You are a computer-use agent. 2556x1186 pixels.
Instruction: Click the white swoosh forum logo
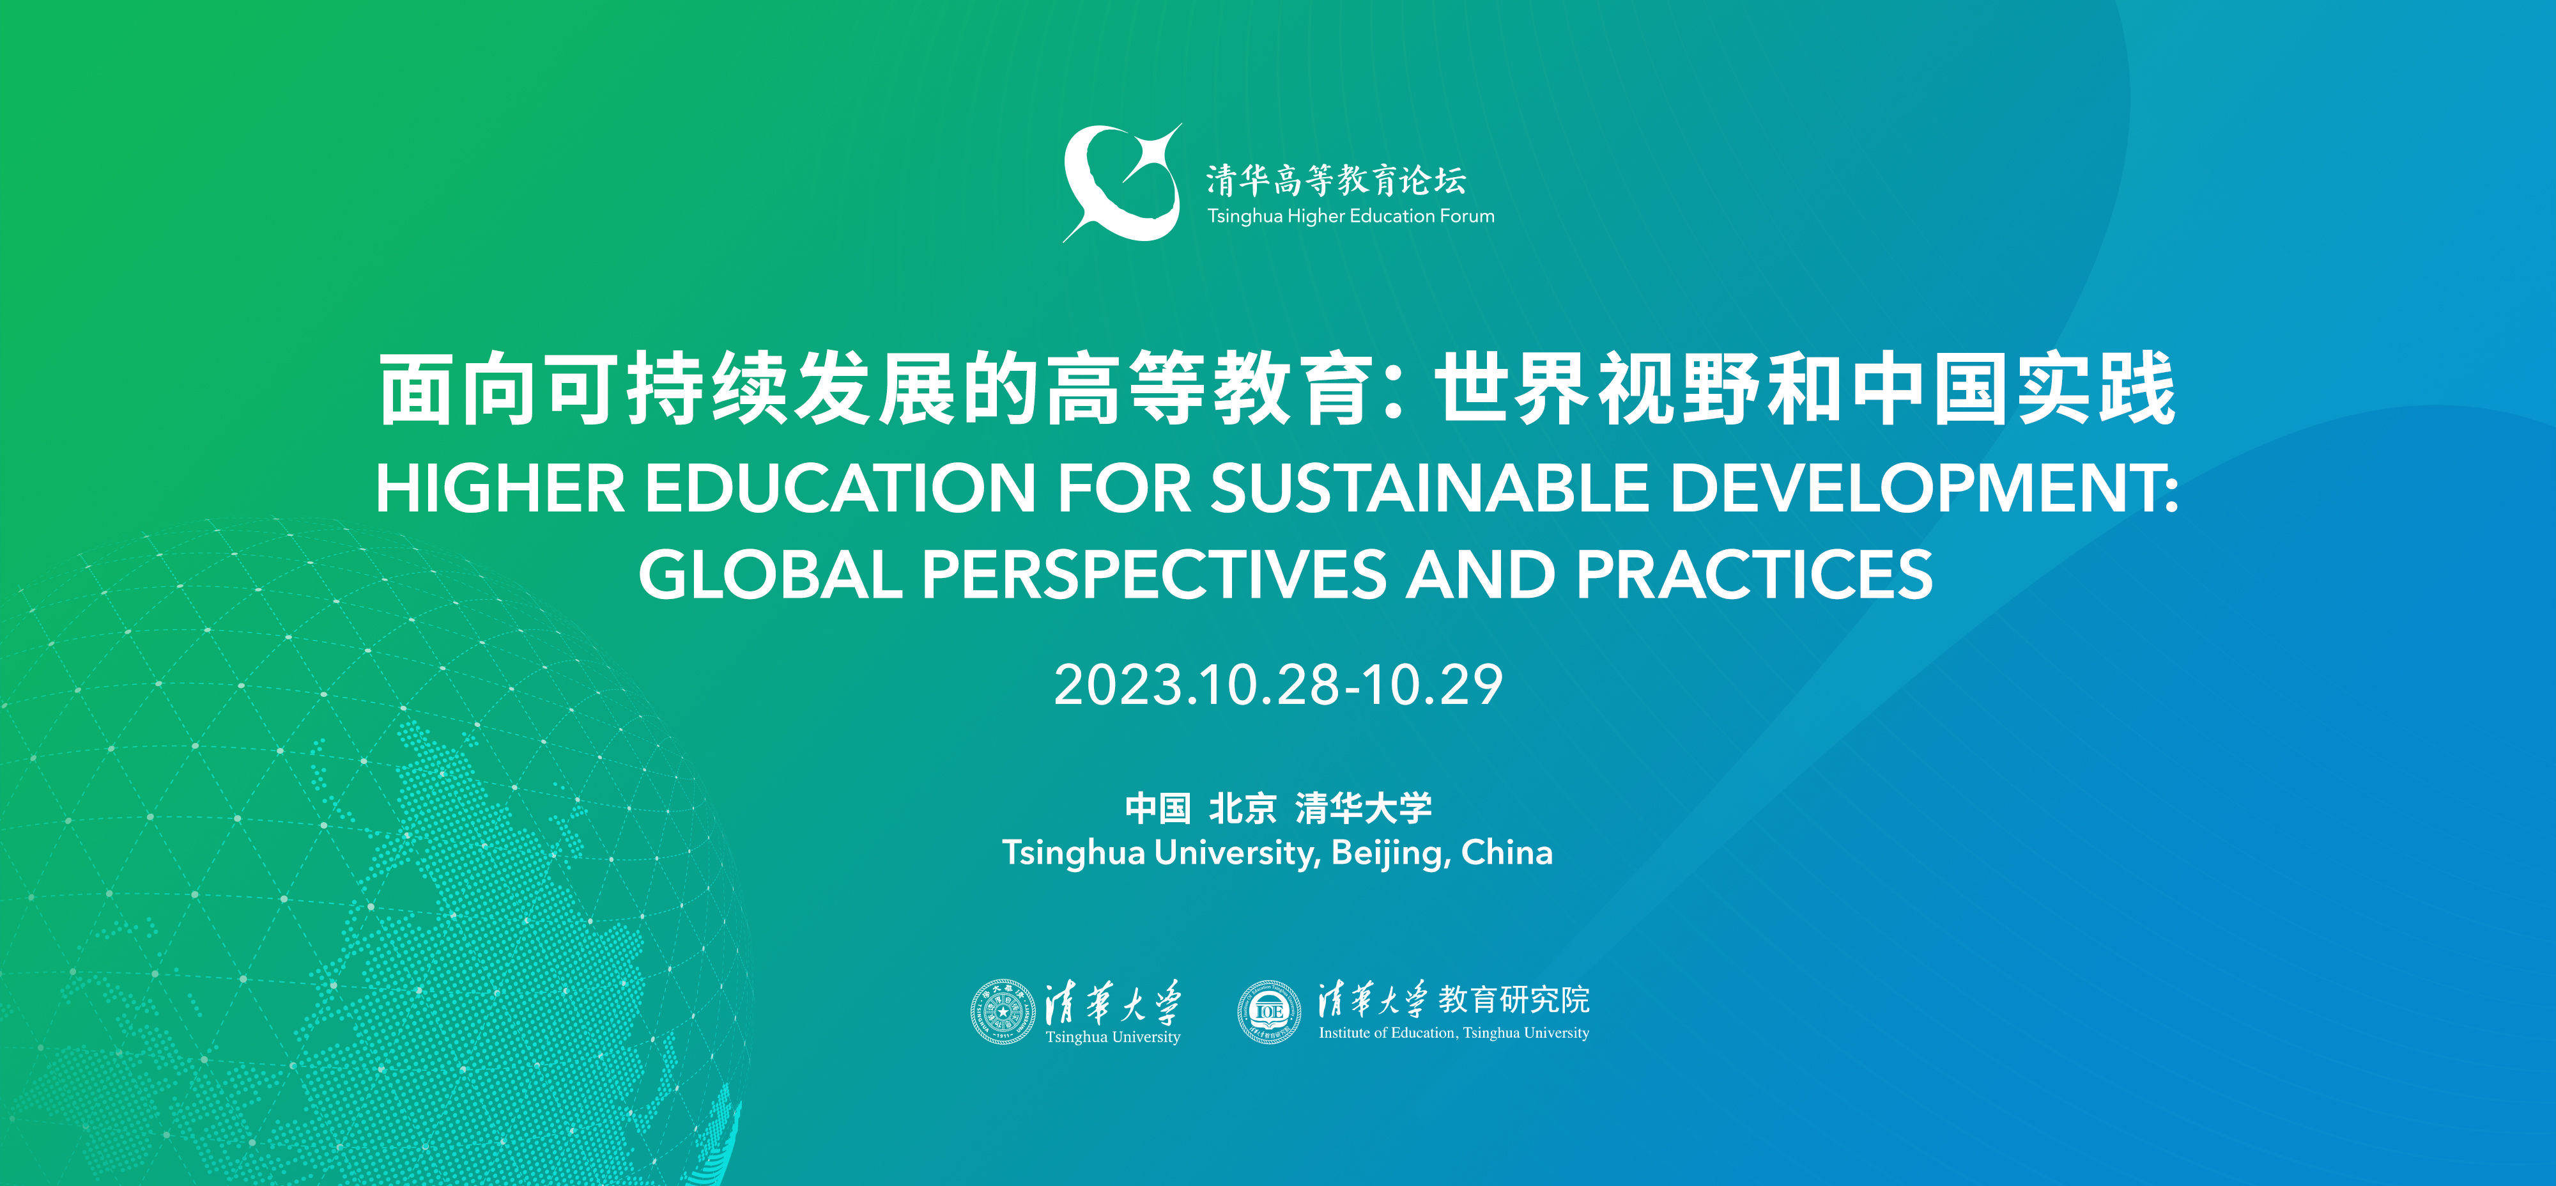tap(1122, 183)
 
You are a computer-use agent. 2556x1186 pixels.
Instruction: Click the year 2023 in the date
tap(1120, 685)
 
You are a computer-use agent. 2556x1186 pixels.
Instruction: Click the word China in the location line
tap(1507, 852)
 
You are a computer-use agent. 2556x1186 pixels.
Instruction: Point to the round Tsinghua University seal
tap(1003, 1011)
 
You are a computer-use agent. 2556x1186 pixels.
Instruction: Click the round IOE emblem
tap(1269, 1011)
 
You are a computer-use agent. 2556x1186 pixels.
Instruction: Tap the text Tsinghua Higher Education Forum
tap(1350, 215)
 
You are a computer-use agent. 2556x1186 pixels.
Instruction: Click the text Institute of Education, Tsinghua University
tap(1454, 1033)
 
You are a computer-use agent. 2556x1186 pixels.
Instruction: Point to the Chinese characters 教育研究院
tap(1514, 999)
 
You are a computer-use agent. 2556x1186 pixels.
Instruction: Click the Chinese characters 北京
tap(1242, 808)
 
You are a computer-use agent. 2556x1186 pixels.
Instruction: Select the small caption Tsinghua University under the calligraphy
tap(1113, 1037)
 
